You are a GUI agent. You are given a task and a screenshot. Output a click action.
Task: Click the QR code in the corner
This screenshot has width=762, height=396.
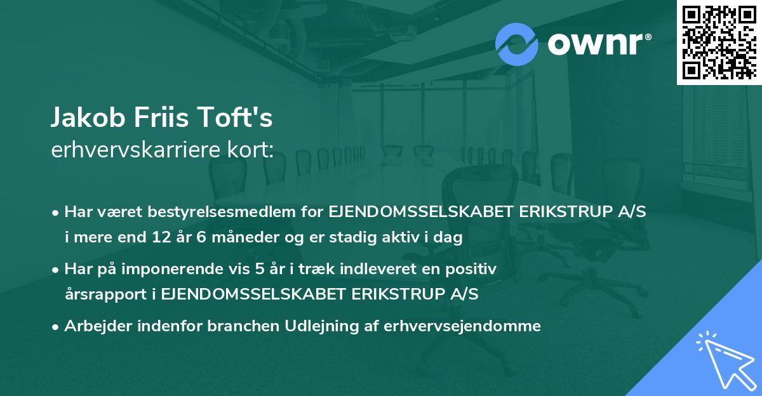pos(718,42)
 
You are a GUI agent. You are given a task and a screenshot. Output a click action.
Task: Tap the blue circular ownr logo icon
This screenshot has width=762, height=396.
pos(516,44)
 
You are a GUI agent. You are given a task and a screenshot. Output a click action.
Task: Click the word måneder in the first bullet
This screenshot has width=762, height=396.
pos(238,237)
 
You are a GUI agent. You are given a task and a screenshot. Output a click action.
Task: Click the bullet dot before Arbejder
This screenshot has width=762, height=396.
pos(56,327)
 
